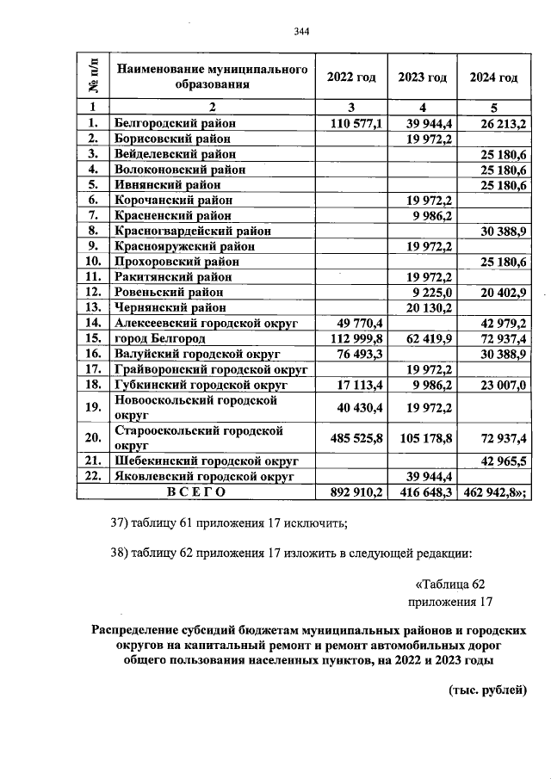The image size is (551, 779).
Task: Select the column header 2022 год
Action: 351,77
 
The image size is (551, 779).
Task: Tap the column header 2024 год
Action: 493,77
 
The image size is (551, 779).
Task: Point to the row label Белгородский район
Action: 175,124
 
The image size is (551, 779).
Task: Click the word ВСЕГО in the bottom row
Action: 196,492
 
